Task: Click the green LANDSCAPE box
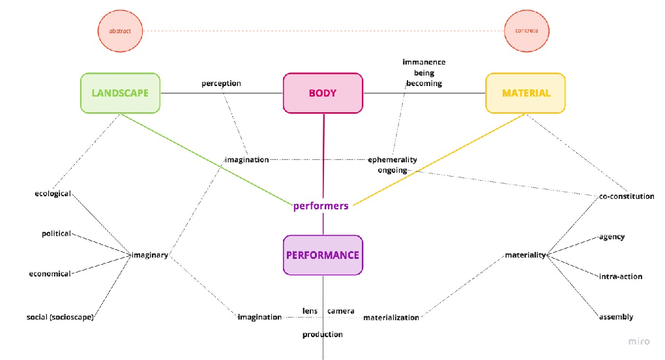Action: [x=120, y=93]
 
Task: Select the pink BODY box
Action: [x=323, y=93]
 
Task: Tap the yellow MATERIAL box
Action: [x=525, y=93]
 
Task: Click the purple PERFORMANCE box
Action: [x=323, y=255]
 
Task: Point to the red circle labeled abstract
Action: [x=120, y=31]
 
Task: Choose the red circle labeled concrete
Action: [x=526, y=31]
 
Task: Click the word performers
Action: [x=321, y=205]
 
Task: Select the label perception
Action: [x=221, y=83]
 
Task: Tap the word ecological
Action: [x=53, y=194]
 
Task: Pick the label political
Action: [x=57, y=233]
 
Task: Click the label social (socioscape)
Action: [x=61, y=317]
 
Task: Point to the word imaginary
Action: [x=150, y=255]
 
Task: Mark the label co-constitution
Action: [x=627, y=196]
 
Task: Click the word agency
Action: [x=612, y=237]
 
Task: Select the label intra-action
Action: [x=621, y=277]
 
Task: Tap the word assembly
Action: [x=616, y=317]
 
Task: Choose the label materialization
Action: [x=391, y=318]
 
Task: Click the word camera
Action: [x=341, y=311]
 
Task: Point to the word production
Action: [x=323, y=335]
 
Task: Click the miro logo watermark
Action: [x=638, y=342]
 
